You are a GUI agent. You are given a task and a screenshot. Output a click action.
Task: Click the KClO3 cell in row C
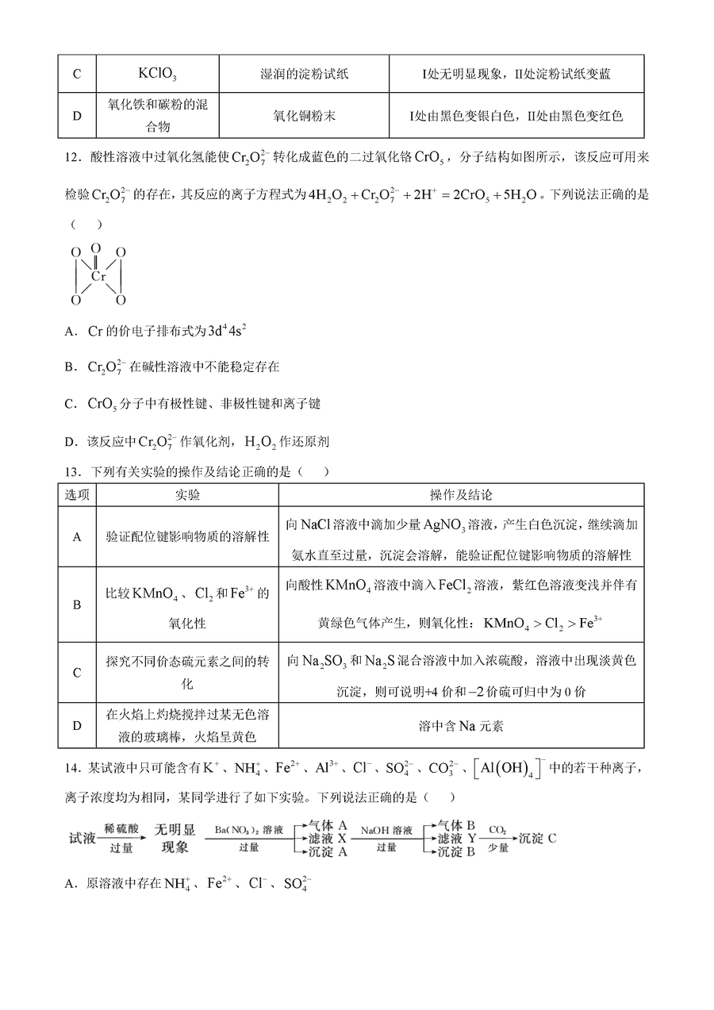point(156,74)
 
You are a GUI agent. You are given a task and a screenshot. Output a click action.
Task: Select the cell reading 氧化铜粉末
point(303,116)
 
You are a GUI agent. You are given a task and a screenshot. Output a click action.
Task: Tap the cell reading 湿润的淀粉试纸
point(303,74)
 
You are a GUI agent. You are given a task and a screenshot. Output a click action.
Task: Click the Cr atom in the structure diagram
point(98,277)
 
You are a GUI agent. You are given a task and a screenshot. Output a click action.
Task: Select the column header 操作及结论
point(460,495)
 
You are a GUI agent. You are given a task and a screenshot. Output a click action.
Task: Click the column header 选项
point(77,495)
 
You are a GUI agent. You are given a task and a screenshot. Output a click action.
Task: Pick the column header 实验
point(187,495)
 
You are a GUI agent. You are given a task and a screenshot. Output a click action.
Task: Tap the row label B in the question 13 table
point(77,605)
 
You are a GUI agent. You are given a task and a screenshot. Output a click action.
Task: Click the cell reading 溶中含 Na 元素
point(460,725)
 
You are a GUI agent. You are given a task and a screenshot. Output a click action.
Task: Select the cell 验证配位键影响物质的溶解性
point(187,537)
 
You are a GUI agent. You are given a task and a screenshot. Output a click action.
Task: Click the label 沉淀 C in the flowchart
point(538,838)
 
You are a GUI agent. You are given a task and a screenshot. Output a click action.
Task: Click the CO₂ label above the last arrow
point(497,830)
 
